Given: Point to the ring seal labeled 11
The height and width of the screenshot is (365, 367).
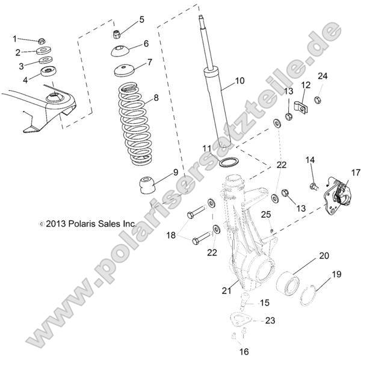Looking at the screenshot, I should click(x=228, y=162).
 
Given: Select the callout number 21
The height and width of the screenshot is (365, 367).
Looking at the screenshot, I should click(x=226, y=290).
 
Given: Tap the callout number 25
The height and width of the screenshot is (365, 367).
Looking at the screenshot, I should click(x=266, y=214).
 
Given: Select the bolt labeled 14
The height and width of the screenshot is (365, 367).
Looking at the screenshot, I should click(x=314, y=185).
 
